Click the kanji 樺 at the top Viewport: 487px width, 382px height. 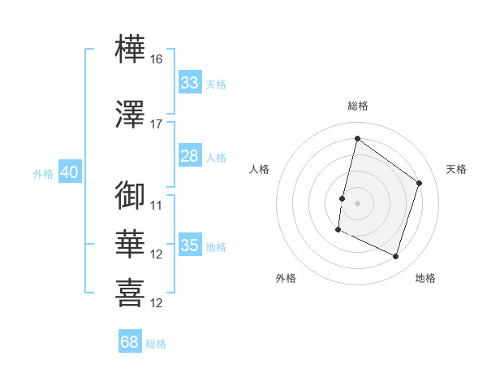tap(130, 49)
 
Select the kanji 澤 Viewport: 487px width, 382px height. tap(130, 114)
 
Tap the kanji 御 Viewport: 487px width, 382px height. tap(130, 195)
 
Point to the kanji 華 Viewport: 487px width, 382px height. tap(130, 244)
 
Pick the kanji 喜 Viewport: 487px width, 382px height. tap(130, 293)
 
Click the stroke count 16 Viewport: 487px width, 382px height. tap(156, 59)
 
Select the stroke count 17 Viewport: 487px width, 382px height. tap(156, 124)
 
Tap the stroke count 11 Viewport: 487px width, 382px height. tap(156, 206)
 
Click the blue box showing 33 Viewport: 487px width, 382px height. tap(190, 82)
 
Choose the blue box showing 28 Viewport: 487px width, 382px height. tap(190, 155)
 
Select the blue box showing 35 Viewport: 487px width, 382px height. tap(190, 244)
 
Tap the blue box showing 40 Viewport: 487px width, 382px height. tap(70, 171)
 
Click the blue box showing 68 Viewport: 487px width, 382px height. tap(130, 341)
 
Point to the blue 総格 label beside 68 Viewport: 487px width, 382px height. tap(156, 344)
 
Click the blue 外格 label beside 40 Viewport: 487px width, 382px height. tap(43, 174)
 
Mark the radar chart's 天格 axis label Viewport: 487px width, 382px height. tap(456, 169)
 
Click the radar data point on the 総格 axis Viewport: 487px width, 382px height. tap(357, 138)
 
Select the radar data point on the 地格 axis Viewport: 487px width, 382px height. tap(395, 256)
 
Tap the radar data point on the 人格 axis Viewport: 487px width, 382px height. tap(342, 199)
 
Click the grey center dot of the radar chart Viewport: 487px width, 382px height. tap(357, 203)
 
